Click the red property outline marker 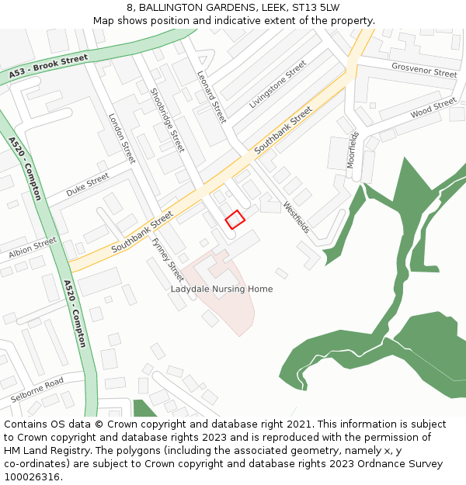pos(235,220)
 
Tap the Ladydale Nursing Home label pos(221,289)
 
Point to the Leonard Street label pos(211,97)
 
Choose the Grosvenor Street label pos(424,71)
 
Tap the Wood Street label pos(433,109)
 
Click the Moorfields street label pos(353,150)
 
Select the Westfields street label pos(297,218)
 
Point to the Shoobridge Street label pos(167,120)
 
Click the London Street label pos(121,138)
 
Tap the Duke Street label pos(87,185)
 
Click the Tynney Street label pos(167,259)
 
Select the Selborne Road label pos(37,390)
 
